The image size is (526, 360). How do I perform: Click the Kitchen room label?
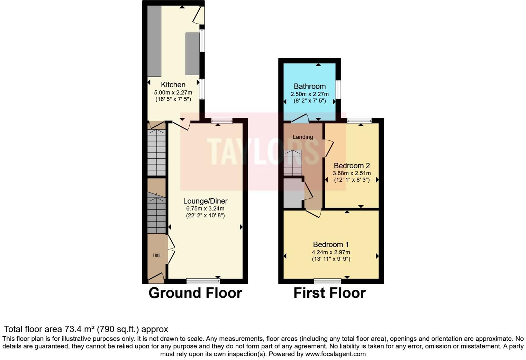pyautogui.click(x=173, y=85)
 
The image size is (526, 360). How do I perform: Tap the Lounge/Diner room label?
pyautogui.click(x=205, y=201)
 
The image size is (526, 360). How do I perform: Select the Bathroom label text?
pyautogui.click(x=310, y=86)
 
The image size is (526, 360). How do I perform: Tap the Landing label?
pyautogui.click(x=303, y=137)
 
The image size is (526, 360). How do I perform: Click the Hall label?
pyautogui.click(x=156, y=255)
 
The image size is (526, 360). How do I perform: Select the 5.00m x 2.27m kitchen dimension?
pyautogui.click(x=173, y=93)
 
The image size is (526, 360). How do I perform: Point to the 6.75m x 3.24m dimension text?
pyautogui.click(x=205, y=209)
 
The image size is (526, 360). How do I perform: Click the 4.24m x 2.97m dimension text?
pyautogui.click(x=331, y=252)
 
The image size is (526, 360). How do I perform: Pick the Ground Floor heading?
pyautogui.click(x=195, y=293)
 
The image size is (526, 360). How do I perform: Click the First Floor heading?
pyautogui.click(x=329, y=293)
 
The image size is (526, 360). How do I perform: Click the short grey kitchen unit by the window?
pyautogui.click(x=193, y=54)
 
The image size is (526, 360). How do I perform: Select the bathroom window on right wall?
pyautogui.click(x=338, y=89)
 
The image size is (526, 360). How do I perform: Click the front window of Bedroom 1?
pyautogui.click(x=327, y=281)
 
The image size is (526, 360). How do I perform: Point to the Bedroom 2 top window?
pyautogui.click(x=359, y=121)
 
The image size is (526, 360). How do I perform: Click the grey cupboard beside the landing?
pyautogui.click(x=293, y=193)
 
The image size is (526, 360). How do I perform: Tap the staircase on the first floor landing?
pyautogui.click(x=293, y=163)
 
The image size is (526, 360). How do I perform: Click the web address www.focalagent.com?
pyautogui.click(x=335, y=354)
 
